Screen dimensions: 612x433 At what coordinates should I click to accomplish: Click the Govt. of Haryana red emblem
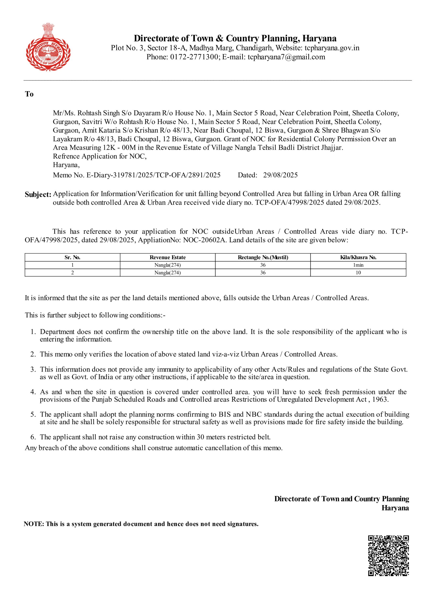tap(48, 47)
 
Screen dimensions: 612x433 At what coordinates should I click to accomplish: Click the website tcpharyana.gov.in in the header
tap(332, 48)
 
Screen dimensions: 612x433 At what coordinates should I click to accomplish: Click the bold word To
tap(29, 94)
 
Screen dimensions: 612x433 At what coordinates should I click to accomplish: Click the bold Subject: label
tap(38, 195)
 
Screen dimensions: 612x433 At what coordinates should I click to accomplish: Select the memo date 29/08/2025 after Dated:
tap(280, 175)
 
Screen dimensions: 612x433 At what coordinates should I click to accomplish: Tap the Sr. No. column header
tap(72, 257)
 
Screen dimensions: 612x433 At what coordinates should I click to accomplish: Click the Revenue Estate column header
tap(168, 257)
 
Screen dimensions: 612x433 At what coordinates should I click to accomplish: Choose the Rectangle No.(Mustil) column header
tap(263, 257)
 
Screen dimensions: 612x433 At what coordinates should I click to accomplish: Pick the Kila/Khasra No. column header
tap(358, 257)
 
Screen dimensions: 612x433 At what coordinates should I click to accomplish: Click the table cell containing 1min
tap(358, 265)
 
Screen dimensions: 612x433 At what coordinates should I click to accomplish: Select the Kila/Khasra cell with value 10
tap(358, 273)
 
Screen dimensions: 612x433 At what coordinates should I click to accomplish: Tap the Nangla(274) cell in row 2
tap(168, 273)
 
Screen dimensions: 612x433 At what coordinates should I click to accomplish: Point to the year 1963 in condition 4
tap(380, 399)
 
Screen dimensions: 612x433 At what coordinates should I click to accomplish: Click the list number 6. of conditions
tap(33, 437)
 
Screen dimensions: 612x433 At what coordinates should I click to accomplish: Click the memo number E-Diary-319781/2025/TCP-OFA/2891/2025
tap(153, 175)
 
